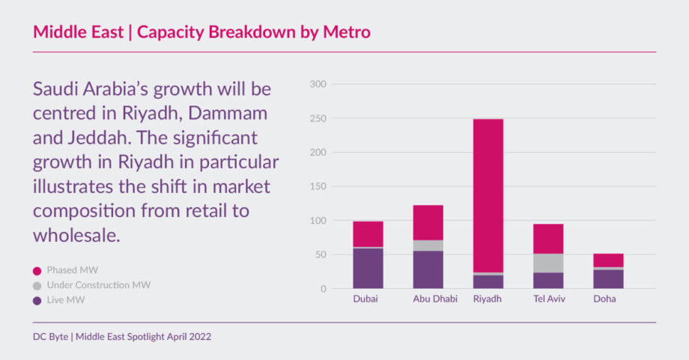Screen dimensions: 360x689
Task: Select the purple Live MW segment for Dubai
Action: [x=368, y=268]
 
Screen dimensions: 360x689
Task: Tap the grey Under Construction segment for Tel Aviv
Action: [x=548, y=263]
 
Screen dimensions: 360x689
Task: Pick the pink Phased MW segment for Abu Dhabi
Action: [x=428, y=222]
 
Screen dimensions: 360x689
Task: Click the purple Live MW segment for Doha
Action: [x=608, y=278]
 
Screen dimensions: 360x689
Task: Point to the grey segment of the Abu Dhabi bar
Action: [x=428, y=245]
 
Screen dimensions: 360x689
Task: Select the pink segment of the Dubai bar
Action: [x=368, y=234]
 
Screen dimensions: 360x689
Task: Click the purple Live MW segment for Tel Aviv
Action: [x=548, y=280]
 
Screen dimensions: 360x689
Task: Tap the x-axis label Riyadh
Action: [x=488, y=299]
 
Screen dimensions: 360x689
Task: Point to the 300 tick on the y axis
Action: [x=318, y=85]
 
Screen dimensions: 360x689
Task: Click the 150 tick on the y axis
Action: [x=318, y=186]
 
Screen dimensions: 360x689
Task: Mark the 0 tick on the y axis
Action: [x=323, y=289]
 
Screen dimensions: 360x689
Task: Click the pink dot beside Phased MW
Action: [x=37, y=269]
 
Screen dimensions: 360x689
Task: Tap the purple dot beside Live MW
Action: [x=37, y=300]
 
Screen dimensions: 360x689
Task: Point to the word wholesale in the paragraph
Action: [x=76, y=235]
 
